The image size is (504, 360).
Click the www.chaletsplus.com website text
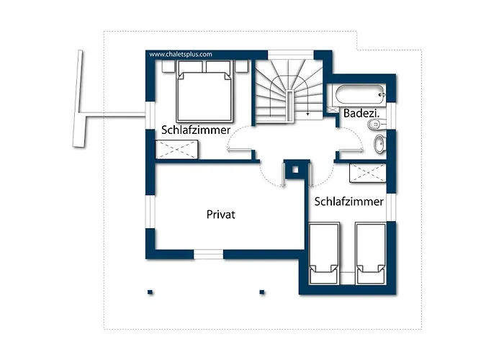(x=181, y=54)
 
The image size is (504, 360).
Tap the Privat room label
(x=221, y=215)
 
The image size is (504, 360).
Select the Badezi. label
(x=361, y=113)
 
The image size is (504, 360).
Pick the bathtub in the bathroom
(x=360, y=94)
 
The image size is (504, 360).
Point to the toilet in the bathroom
(x=374, y=124)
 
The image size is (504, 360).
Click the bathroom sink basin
(x=379, y=144)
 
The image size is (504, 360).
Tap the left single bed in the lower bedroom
(x=324, y=253)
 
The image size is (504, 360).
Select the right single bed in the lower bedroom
(x=371, y=253)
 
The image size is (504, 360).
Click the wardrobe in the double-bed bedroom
(x=176, y=150)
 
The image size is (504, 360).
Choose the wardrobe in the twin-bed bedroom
(x=368, y=173)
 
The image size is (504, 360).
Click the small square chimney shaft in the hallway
(x=295, y=170)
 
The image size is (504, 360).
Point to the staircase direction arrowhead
(x=308, y=114)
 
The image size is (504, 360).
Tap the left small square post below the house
(x=150, y=292)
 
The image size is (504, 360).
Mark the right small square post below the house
(x=262, y=292)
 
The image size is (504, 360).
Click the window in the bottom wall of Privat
(x=209, y=255)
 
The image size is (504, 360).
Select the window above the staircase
(x=291, y=55)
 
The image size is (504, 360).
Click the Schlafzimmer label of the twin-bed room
(x=348, y=202)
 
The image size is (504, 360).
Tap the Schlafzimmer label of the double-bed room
(x=196, y=130)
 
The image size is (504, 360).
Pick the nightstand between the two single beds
(x=348, y=278)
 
